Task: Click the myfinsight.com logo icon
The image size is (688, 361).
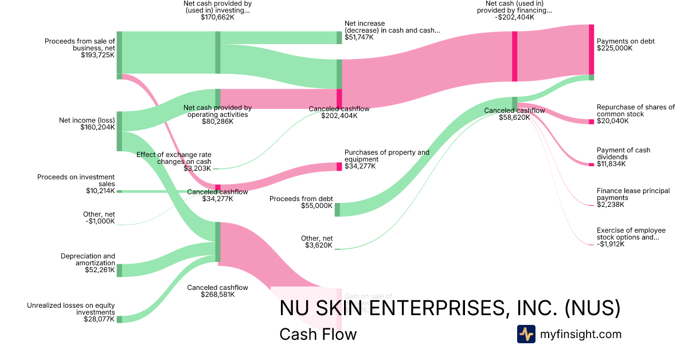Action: (526, 334)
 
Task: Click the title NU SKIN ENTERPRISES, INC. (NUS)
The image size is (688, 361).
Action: (449, 308)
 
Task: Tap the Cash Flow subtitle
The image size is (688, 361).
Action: (318, 334)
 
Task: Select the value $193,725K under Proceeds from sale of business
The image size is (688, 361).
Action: (98, 56)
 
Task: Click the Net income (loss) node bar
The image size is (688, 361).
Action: (119, 131)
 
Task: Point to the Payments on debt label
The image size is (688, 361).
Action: (626, 41)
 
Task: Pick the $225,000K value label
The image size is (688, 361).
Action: (615, 49)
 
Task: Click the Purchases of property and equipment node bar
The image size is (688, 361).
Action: (339, 167)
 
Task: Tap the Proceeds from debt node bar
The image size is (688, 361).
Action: (337, 210)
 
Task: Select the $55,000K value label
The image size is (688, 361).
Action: (316, 205)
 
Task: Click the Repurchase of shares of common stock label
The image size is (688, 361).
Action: (635, 111)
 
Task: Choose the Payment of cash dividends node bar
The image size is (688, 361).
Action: (591, 164)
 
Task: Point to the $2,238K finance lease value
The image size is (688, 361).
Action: (611, 205)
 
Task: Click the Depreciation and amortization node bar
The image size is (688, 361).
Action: (119, 270)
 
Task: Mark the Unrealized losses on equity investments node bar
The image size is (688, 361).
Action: (119, 319)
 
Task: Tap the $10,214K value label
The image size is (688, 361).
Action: (100, 191)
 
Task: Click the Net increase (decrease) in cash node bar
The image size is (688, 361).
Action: (339, 37)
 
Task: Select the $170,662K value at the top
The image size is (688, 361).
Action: (217, 17)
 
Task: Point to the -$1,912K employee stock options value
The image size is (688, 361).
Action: (611, 244)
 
